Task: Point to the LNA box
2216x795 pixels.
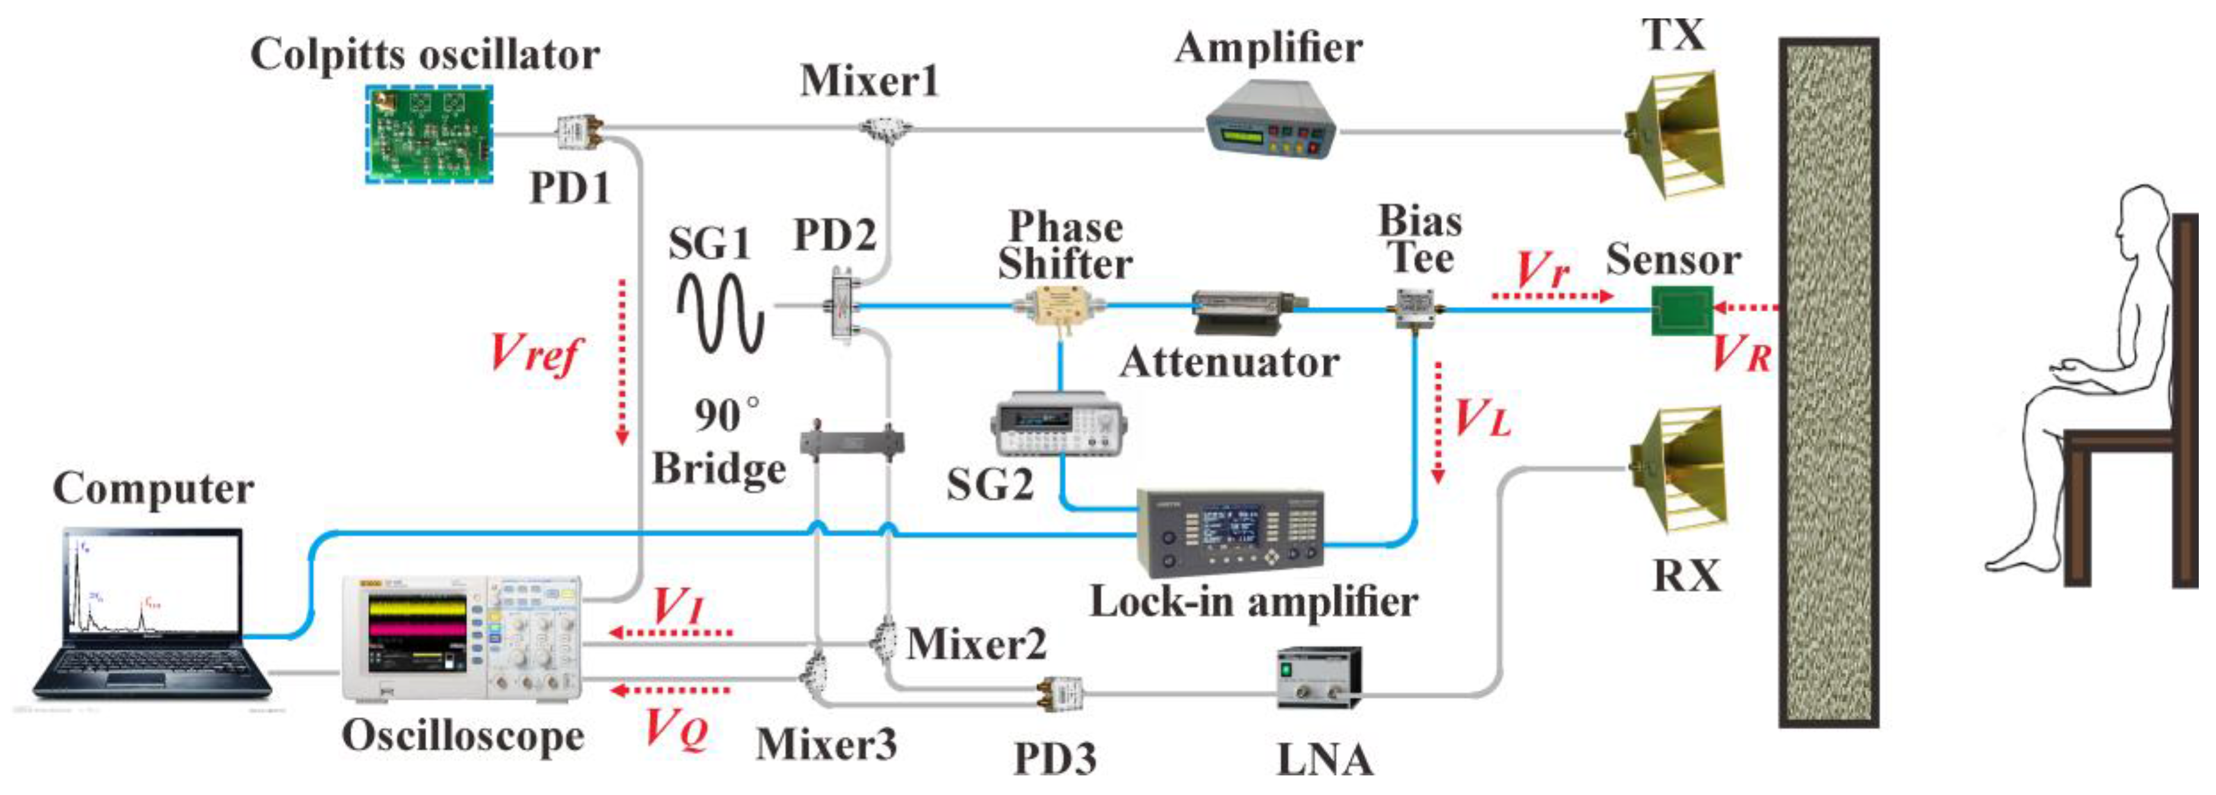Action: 1318,676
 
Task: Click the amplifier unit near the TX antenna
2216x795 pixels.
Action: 1270,119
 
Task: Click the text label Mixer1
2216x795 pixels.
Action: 869,82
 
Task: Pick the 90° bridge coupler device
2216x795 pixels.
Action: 852,442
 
